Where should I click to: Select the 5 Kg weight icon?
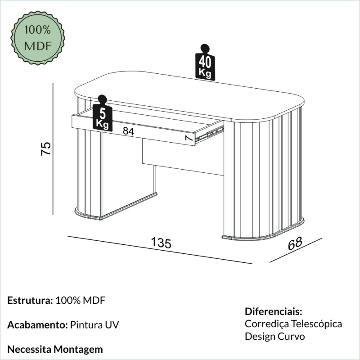102,115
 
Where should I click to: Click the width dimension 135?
161,243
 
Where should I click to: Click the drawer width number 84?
128,131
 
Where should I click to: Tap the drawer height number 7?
189,139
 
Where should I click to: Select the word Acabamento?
37,325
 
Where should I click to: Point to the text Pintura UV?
94,325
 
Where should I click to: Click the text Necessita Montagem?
55,349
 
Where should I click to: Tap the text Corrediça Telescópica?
293,324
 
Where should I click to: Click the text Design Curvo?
275,336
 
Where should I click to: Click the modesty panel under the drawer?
182,157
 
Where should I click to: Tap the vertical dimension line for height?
53,148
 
